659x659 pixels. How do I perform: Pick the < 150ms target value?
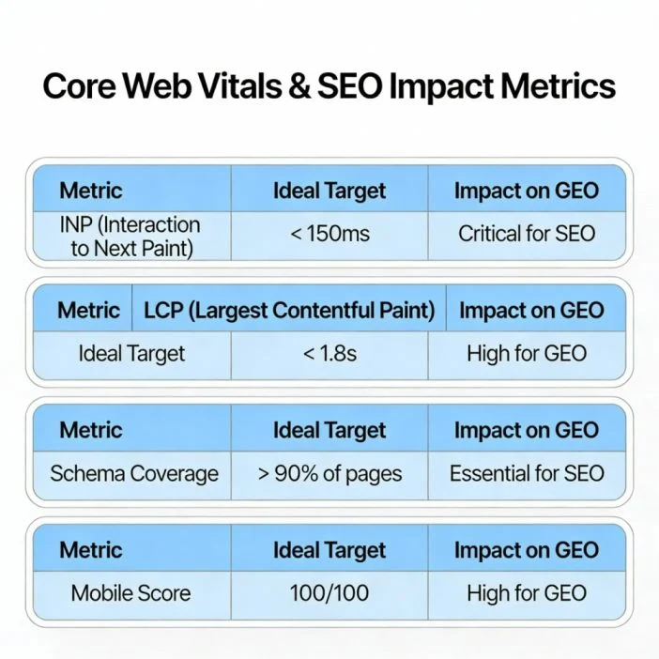coord(329,234)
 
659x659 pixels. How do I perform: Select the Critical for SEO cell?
coord(527,234)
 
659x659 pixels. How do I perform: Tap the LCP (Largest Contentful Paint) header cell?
coord(289,311)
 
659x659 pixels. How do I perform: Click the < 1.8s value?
coord(329,354)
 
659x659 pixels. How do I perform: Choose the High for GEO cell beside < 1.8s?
coord(527,354)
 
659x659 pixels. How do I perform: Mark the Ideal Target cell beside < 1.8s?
coord(131,354)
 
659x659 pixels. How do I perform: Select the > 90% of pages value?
coord(329,473)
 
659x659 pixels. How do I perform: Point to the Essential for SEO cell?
coord(527,473)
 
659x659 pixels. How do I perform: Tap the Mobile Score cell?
coord(130,593)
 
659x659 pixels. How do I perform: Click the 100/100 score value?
coord(329,593)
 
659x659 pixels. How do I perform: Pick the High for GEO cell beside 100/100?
coord(527,593)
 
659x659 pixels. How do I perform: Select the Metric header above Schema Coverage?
coord(91,431)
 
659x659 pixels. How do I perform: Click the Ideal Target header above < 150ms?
coord(329,191)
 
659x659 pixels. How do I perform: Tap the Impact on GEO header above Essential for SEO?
coord(527,431)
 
